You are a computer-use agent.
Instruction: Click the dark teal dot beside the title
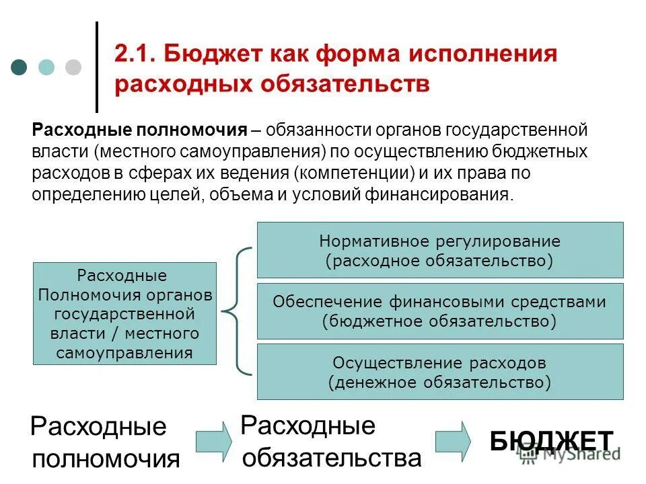[20, 67]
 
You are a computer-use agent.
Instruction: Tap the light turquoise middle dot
[46, 67]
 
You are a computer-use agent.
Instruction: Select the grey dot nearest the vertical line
[73, 67]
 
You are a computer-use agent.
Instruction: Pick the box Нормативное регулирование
[440, 250]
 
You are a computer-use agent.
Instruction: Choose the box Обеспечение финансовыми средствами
[440, 311]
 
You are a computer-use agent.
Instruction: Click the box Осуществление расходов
[440, 371]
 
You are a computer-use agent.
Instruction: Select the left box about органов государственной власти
[124, 314]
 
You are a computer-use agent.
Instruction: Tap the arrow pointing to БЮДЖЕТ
[453, 440]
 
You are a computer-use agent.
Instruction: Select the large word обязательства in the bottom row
[332, 458]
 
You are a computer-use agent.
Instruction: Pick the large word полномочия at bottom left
[106, 459]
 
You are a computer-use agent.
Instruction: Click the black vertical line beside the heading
[97, 67]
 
